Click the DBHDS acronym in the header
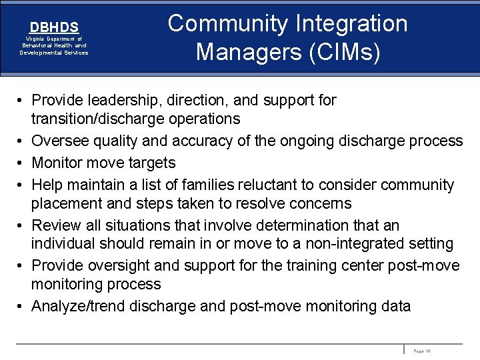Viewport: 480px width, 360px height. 54,27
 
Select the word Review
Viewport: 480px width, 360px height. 57,225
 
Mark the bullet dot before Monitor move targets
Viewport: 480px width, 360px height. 21,163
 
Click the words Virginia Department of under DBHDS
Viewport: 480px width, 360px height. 54,39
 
